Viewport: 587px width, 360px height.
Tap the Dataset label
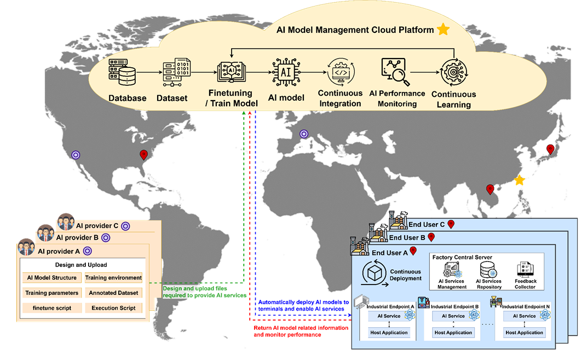(172, 98)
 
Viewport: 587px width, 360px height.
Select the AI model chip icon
(285, 72)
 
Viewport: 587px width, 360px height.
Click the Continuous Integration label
(340, 98)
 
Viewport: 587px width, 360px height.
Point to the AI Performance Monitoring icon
(396, 72)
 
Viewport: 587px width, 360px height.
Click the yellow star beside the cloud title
(443, 30)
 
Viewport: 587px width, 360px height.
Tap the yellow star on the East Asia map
(519, 180)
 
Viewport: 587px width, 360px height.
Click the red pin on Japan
(550, 149)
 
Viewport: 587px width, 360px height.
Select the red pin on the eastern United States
(144, 155)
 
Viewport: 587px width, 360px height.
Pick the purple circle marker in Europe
(304, 134)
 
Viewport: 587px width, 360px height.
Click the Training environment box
(113, 277)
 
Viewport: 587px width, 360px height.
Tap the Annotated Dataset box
(113, 293)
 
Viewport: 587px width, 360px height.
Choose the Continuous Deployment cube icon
(376, 271)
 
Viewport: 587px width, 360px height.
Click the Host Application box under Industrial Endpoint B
(453, 333)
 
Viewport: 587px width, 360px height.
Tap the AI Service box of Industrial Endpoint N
(524, 316)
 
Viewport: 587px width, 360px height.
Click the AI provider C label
(96, 225)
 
